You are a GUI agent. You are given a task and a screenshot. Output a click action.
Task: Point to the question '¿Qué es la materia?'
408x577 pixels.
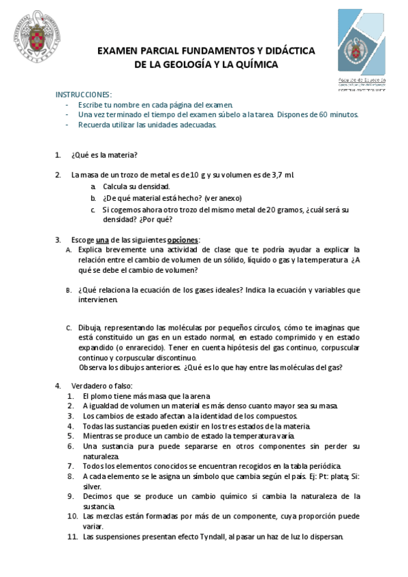(x=104, y=154)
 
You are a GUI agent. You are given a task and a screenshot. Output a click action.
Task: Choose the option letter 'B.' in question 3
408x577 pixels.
(x=69, y=291)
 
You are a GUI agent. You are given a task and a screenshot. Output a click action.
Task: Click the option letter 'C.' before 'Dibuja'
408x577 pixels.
(x=69, y=328)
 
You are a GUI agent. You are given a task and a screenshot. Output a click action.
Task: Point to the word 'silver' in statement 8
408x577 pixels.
(x=93, y=487)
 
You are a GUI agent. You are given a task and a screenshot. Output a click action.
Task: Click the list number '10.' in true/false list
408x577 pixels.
(x=73, y=516)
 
